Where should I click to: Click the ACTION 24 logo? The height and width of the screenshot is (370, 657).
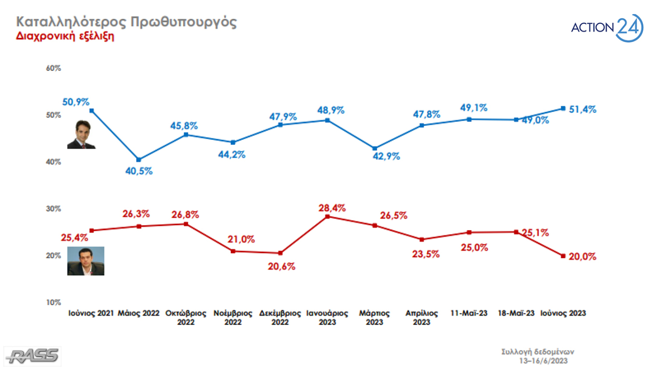click(x=607, y=28)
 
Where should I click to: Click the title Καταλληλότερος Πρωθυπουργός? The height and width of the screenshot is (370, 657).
click(x=127, y=22)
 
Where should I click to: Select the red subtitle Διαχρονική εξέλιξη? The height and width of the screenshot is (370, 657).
click(x=65, y=36)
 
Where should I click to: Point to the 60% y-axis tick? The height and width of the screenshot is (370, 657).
click(x=53, y=68)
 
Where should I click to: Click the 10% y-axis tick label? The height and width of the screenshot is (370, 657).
click(x=53, y=302)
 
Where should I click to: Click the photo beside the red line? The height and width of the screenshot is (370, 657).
click(x=86, y=261)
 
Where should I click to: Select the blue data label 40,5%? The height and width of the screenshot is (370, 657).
click(x=139, y=171)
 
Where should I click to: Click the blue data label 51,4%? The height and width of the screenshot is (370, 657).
click(x=582, y=109)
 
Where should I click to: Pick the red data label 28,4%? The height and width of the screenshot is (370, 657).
click(x=332, y=208)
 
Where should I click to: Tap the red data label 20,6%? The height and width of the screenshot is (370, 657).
click(x=281, y=266)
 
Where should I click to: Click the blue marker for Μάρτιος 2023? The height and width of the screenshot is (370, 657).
click(x=374, y=148)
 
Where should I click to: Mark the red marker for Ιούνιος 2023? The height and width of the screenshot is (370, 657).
click(x=563, y=256)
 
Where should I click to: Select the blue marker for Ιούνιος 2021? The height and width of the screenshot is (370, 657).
click(x=91, y=110)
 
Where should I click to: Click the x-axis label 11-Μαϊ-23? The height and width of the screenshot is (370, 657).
click(x=469, y=313)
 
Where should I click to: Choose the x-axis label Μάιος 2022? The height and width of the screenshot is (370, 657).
click(x=139, y=313)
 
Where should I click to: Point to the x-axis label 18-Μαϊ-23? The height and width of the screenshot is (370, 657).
click(x=516, y=313)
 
